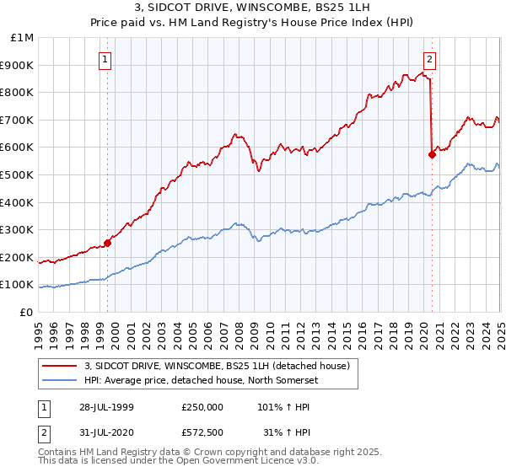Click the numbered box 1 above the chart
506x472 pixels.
pyautogui.click(x=105, y=59)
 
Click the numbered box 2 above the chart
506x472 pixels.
pyautogui.click(x=429, y=59)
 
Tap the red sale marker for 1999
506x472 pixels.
pyautogui.click(x=108, y=244)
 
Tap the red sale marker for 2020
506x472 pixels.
pyautogui.click(x=432, y=154)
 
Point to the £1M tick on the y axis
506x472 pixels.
pyautogui.click(x=23, y=38)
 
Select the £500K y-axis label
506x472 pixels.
pyautogui.click(x=19, y=174)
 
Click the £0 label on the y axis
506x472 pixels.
pyautogui.click(x=27, y=312)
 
